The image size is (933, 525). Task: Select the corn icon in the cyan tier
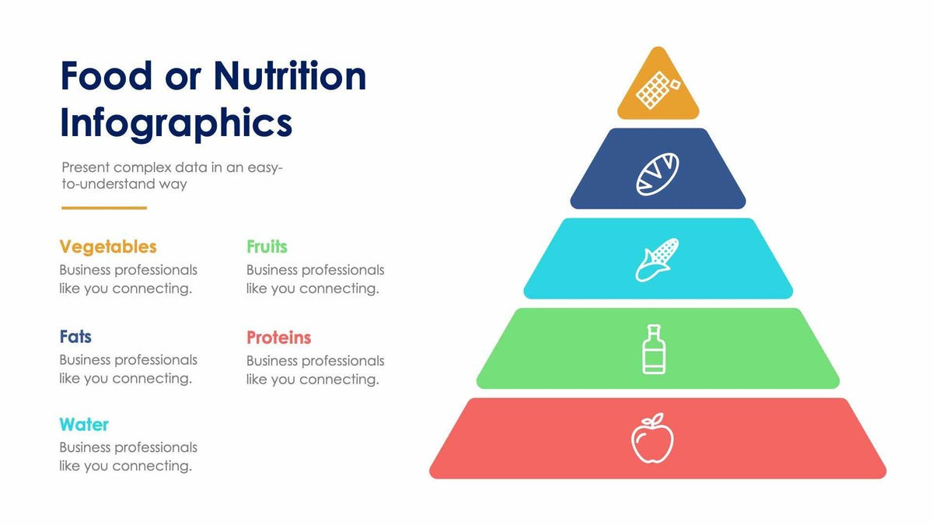(x=657, y=259)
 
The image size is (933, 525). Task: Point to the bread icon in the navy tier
(x=658, y=173)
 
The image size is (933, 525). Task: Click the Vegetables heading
(x=108, y=247)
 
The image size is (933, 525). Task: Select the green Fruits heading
(x=267, y=247)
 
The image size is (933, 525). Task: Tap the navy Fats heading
(x=75, y=337)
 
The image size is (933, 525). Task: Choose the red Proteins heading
(x=278, y=338)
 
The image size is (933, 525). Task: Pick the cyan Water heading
(x=84, y=425)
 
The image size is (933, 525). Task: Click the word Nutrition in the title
(x=289, y=76)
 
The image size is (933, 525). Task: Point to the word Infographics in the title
(x=176, y=123)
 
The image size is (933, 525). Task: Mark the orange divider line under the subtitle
(x=104, y=208)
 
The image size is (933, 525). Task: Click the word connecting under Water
(x=152, y=466)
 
